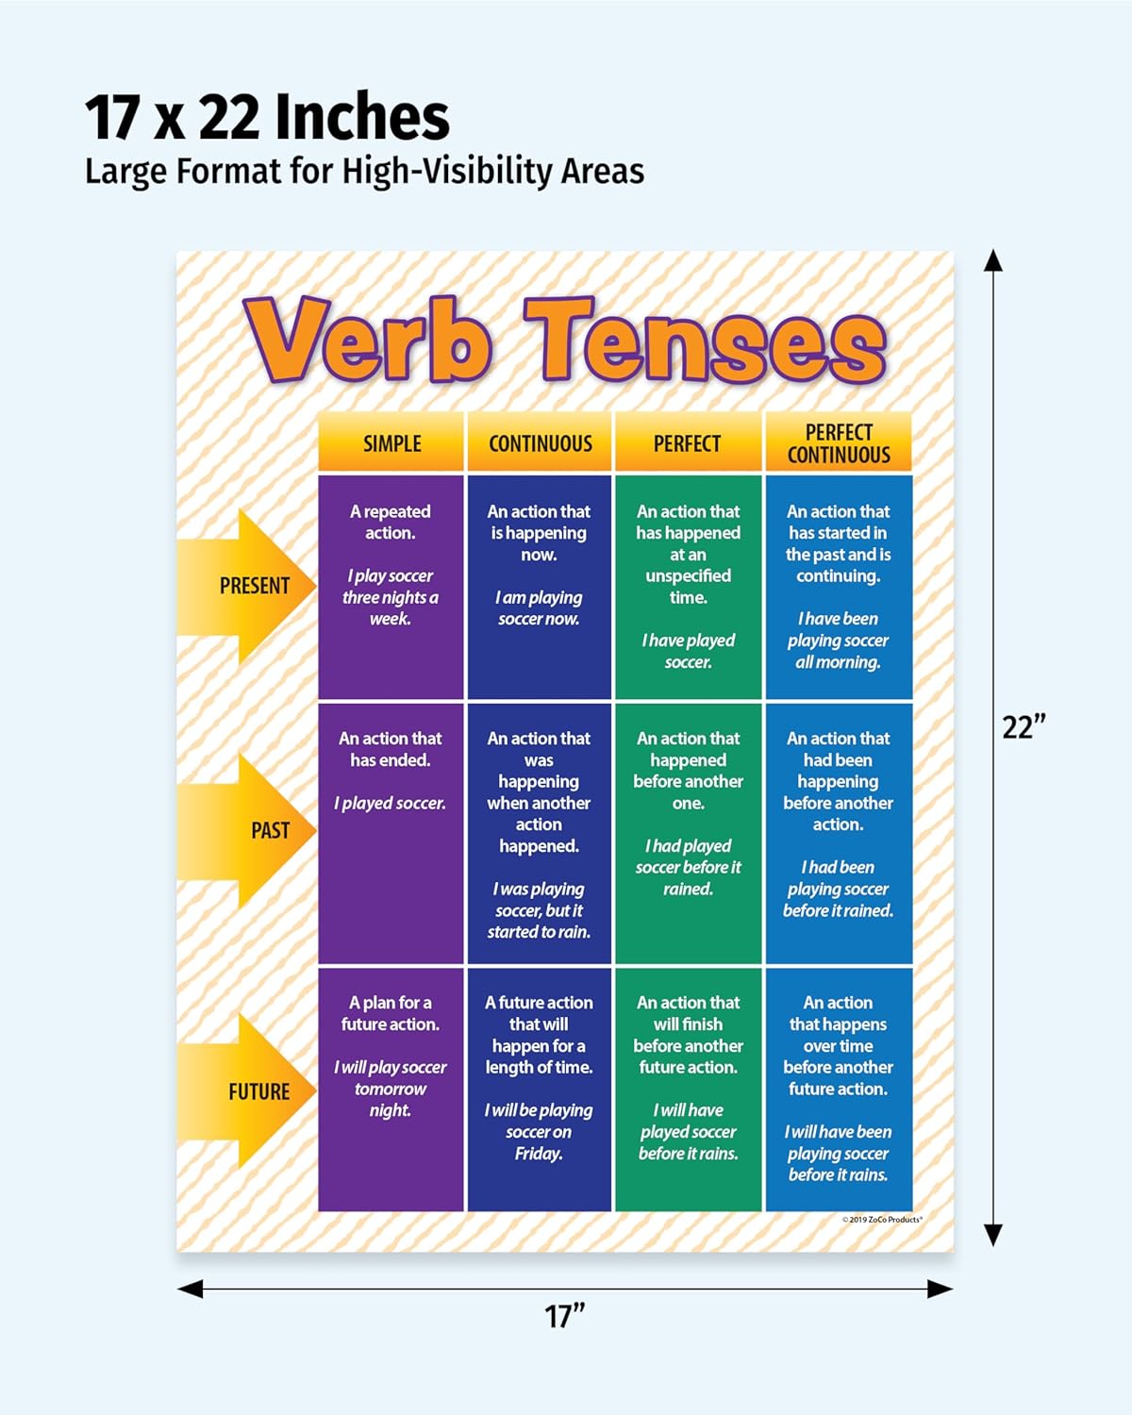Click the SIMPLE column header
coord(392,443)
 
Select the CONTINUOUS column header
coord(540,443)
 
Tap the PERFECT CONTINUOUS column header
coord(839,443)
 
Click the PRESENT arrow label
coord(254,585)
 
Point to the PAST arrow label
coord(270,830)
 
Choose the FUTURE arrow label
coord(258,1092)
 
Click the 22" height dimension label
coord(1024,727)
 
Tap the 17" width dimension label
coord(564,1316)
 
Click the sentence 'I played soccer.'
coord(390,803)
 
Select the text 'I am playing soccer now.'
coord(539,608)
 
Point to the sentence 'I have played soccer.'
coord(688,651)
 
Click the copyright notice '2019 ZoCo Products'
coord(882,1220)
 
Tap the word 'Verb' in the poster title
coord(367,340)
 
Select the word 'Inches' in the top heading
coord(361,117)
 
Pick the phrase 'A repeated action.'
coord(390,522)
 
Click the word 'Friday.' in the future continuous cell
coord(539,1154)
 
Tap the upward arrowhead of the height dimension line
coord(993,260)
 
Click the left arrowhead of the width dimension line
coord(191,1289)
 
